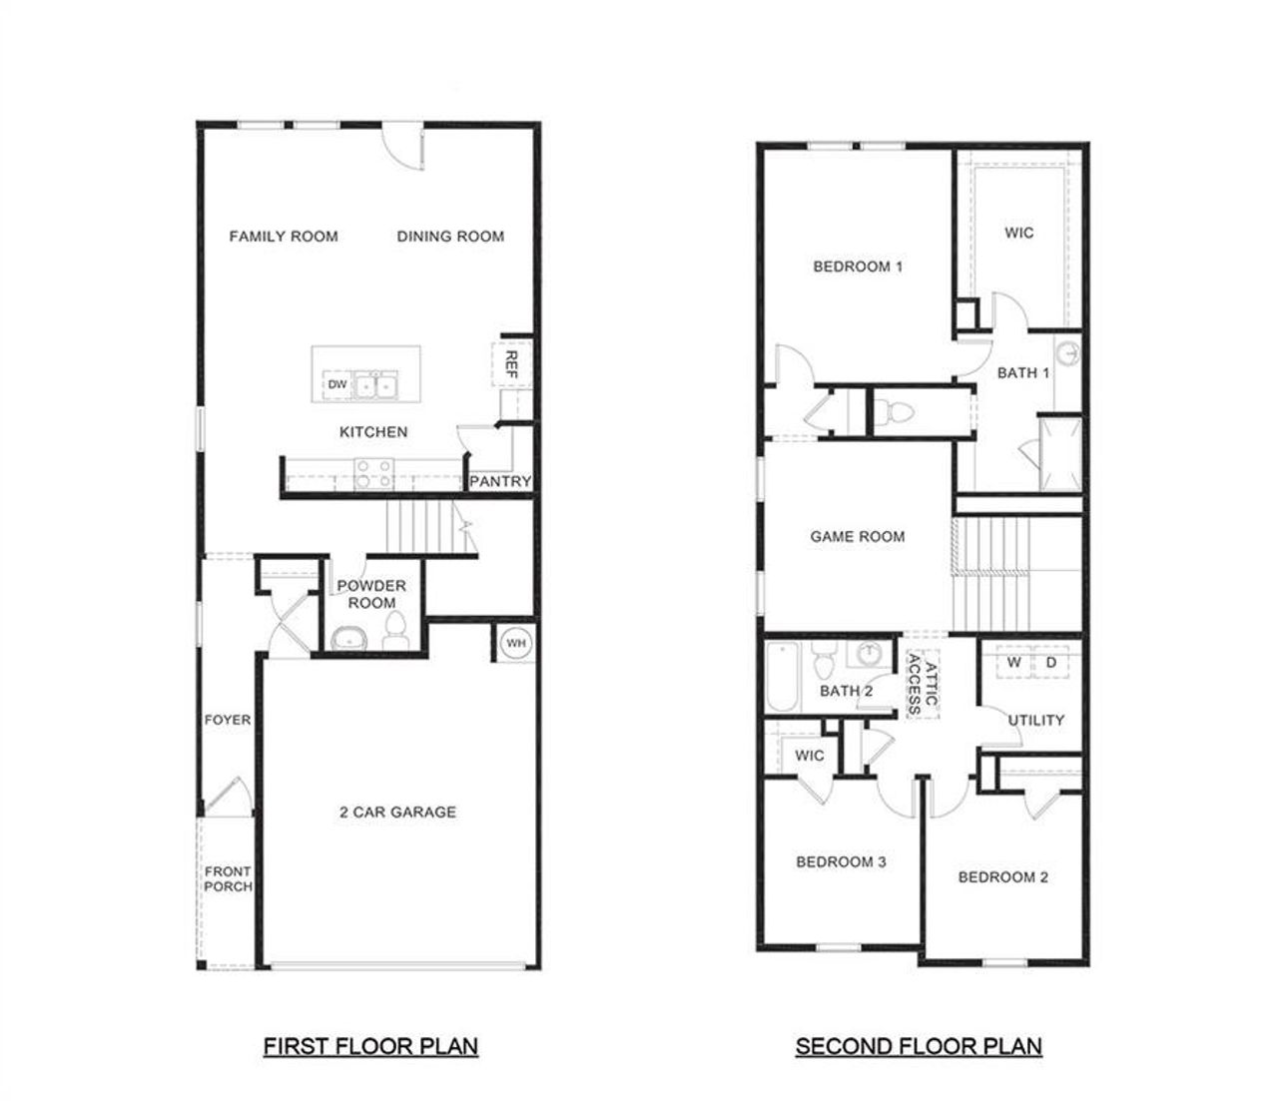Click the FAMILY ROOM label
click(284, 237)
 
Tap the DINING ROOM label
click(450, 237)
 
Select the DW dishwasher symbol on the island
click(336, 384)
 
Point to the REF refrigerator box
click(510, 364)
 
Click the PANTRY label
click(500, 482)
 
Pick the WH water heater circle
click(515, 643)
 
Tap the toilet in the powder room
click(395, 631)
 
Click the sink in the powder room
click(347, 638)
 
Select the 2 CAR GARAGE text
click(397, 813)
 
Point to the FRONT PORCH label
click(228, 878)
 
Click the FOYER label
click(228, 720)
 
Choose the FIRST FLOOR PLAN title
click(370, 1046)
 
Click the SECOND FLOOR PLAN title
click(919, 1046)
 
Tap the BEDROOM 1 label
click(858, 267)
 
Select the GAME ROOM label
click(858, 536)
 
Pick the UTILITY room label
click(1035, 720)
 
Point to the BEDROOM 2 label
click(1002, 877)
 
